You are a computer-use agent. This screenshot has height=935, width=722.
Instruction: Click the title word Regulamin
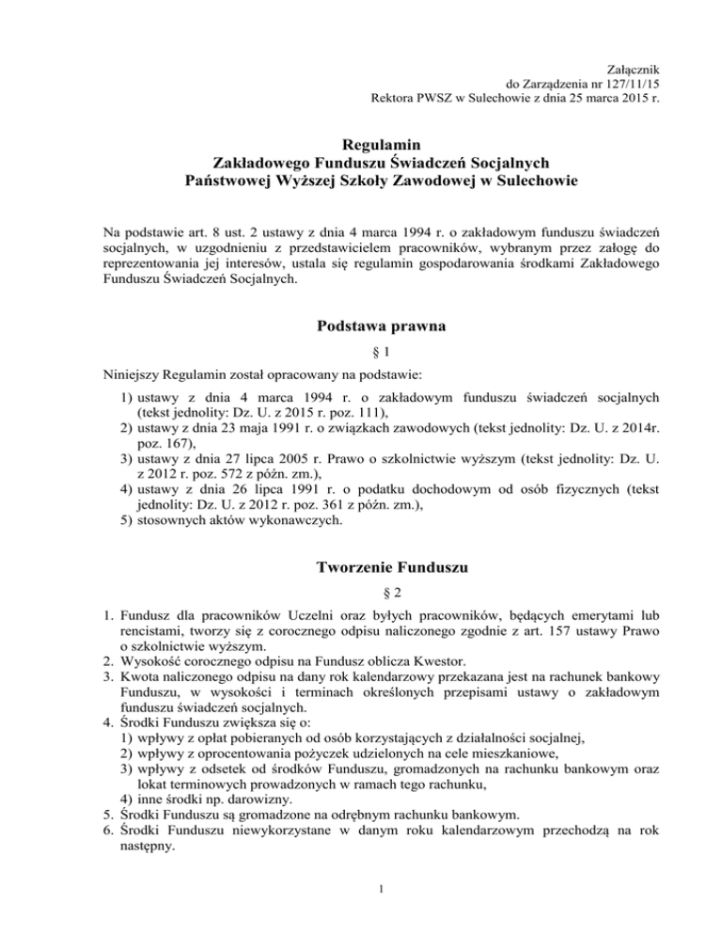pyautogui.click(x=361, y=144)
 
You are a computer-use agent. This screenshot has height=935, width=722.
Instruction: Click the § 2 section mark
pyautogui.click(x=361, y=597)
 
